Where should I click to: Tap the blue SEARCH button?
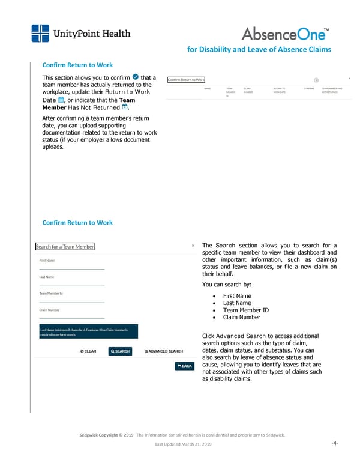[x=119, y=351]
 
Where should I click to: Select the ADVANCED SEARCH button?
[x=164, y=351]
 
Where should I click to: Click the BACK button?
[x=184, y=366]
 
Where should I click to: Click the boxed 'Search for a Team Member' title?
[x=65, y=247]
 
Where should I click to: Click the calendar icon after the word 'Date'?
[x=61, y=101]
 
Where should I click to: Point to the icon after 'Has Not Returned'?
[x=125, y=108]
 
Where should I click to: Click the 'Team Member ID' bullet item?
[x=245, y=310]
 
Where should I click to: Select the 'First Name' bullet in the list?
[x=236, y=296]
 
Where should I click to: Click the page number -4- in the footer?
[x=335, y=444]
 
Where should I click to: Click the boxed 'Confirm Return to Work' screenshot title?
[x=186, y=80]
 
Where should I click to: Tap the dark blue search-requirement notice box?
[x=88, y=333]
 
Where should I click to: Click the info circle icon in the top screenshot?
[x=316, y=80]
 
